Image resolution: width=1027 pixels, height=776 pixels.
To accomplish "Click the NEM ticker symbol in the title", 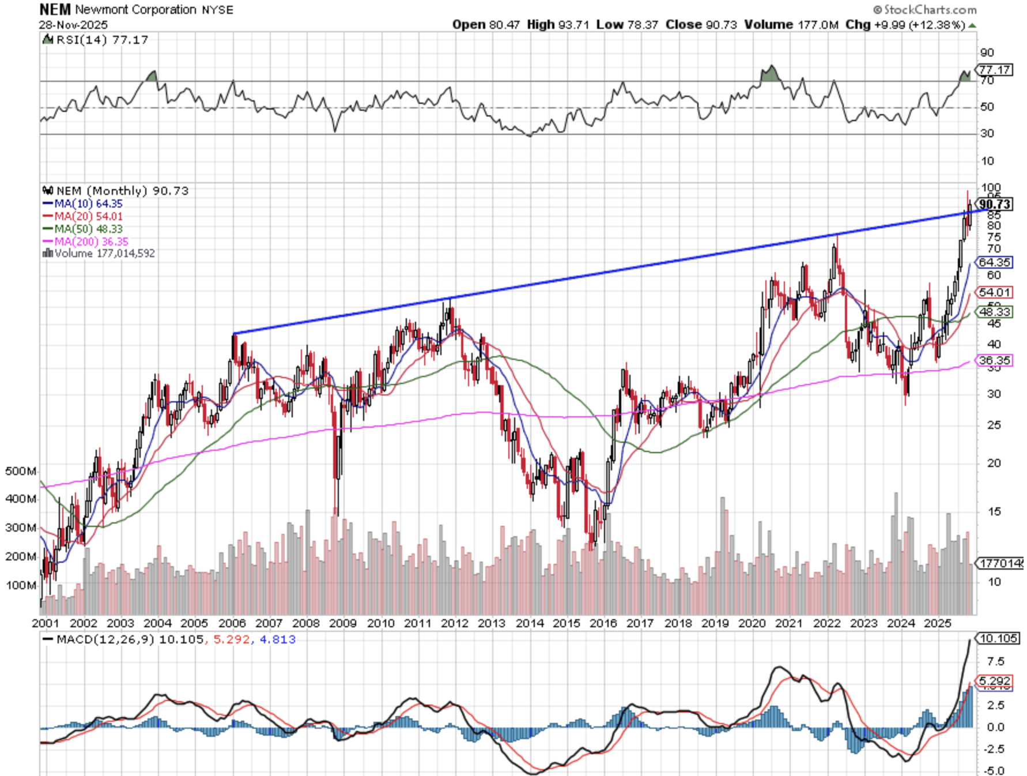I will pyautogui.click(x=55, y=9).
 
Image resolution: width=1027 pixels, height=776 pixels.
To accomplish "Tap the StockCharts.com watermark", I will pyautogui.click(x=925, y=9).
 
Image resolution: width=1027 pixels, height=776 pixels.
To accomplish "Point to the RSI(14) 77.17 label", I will pyautogui.click(x=102, y=40).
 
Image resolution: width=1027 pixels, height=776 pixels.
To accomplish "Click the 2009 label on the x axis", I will pyautogui.click(x=342, y=623).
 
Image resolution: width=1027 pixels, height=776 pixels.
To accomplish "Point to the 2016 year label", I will pyautogui.click(x=603, y=623).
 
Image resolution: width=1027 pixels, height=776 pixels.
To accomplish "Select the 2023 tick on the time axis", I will pyautogui.click(x=863, y=623).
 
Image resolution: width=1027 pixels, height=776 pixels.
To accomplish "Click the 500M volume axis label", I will pyautogui.click(x=21, y=471).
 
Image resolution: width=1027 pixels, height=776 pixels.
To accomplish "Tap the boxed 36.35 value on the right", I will pyautogui.click(x=995, y=360).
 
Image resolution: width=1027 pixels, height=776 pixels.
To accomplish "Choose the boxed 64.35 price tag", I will pyautogui.click(x=995, y=262).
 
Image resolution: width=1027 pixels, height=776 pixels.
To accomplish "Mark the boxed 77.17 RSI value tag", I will pyautogui.click(x=995, y=70).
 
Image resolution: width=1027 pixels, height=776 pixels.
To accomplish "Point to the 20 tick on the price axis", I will pyautogui.click(x=994, y=463).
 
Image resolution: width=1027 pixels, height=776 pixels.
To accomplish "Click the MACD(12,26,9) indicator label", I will pyautogui.click(x=105, y=639).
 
